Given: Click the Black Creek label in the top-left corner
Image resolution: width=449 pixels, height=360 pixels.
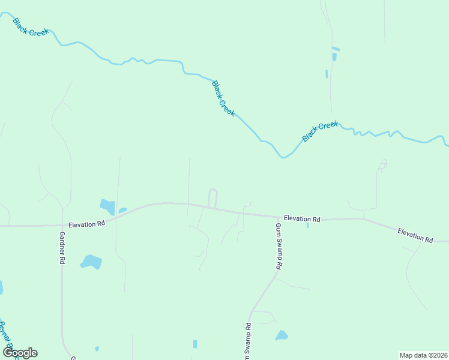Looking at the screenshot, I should (x=30, y=26).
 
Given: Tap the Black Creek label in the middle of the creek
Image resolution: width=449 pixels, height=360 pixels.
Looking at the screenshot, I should (x=223, y=98).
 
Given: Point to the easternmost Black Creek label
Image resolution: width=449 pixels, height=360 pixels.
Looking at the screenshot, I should (x=320, y=131).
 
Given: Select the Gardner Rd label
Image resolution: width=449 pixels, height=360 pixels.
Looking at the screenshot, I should (x=61, y=248).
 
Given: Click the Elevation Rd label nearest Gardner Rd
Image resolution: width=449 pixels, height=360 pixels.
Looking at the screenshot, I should (x=86, y=224).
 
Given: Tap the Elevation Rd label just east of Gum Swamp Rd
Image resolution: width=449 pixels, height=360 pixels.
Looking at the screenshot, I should (x=302, y=219).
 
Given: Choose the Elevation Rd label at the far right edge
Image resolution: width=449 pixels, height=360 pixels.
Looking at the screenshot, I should (x=415, y=235).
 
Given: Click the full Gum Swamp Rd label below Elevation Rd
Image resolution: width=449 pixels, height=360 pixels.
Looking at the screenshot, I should (x=279, y=246).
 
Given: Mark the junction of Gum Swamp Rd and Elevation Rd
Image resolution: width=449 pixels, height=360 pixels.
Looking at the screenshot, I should (x=277, y=217).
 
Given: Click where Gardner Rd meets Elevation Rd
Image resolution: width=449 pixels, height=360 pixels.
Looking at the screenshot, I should (x=62, y=226).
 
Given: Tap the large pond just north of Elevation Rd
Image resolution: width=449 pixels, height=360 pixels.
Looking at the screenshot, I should (x=107, y=206).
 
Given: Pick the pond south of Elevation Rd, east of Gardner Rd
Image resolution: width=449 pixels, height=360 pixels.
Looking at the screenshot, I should (x=91, y=262).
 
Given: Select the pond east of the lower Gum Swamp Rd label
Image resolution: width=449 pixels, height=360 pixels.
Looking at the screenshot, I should (x=281, y=335).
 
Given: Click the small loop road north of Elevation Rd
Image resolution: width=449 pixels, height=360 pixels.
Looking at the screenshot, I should (x=212, y=198).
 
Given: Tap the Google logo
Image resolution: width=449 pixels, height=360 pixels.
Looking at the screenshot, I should (x=20, y=353).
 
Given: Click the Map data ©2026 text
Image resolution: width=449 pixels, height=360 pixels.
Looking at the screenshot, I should (x=423, y=355).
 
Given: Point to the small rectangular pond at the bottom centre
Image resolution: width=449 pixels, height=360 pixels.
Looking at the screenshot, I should (x=195, y=344).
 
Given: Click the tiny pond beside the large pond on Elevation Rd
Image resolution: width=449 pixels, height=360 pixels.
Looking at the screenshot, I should (x=123, y=210).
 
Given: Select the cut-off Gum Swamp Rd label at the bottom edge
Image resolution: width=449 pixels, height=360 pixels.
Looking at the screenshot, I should (x=247, y=341).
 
